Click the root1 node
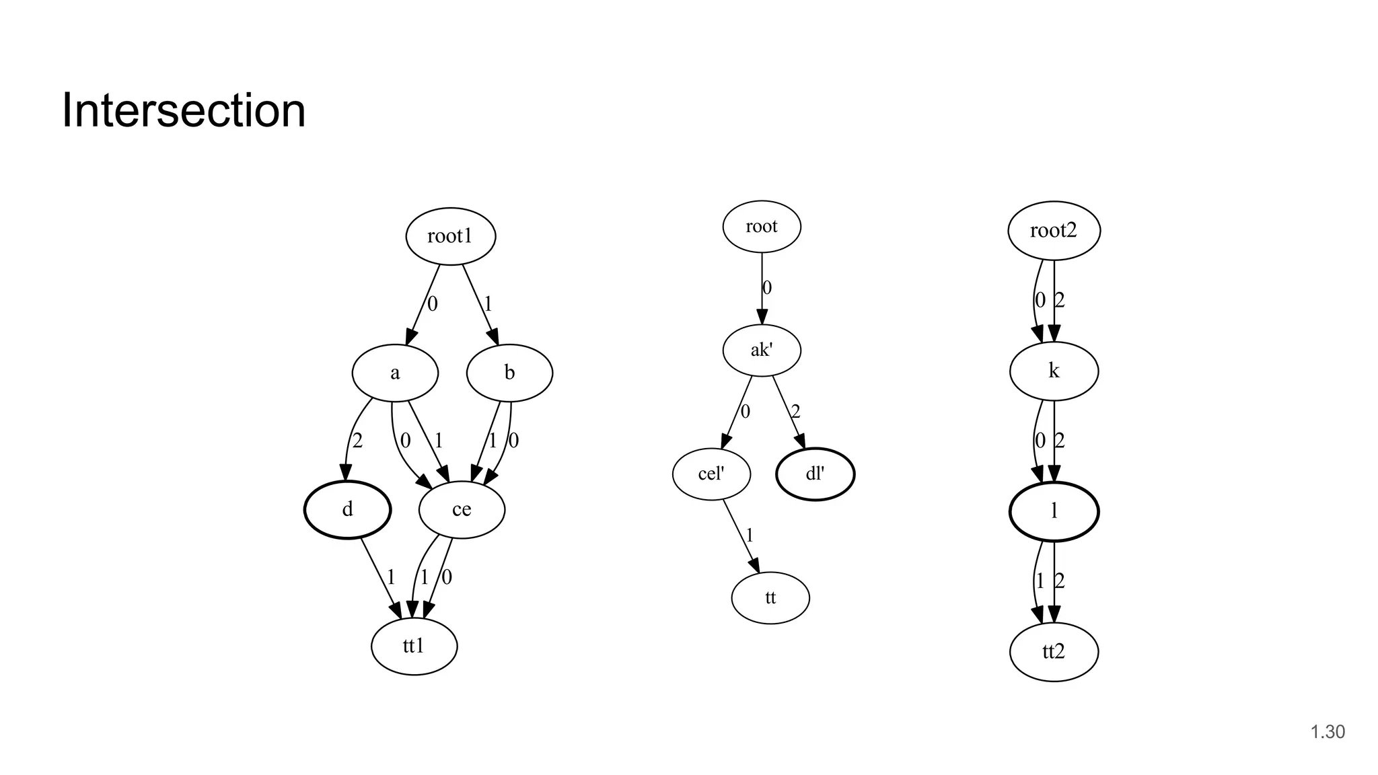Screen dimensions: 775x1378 tap(450, 236)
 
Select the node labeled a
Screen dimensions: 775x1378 tap(395, 373)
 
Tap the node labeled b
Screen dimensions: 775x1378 tap(509, 373)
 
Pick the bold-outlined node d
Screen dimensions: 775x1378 tap(347, 509)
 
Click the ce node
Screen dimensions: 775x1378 tap(462, 509)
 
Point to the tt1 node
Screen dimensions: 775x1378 tap(414, 646)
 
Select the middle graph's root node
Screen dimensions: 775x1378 tap(762, 227)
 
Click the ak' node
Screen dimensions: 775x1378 tap(762, 350)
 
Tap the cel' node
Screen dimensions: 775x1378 tap(711, 474)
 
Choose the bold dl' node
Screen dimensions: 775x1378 tap(815, 474)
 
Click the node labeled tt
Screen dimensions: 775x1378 tap(770, 597)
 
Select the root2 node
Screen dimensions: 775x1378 tap(1054, 231)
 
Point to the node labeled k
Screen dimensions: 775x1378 tap(1054, 371)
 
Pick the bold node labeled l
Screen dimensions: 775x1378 tap(1054, 511)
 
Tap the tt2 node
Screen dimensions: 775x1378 tap(1054, 651)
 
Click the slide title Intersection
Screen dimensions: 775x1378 tap(184, 110)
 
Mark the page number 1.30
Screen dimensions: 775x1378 tap(1328, 732)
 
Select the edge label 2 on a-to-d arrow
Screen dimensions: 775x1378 tap(357, 441)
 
